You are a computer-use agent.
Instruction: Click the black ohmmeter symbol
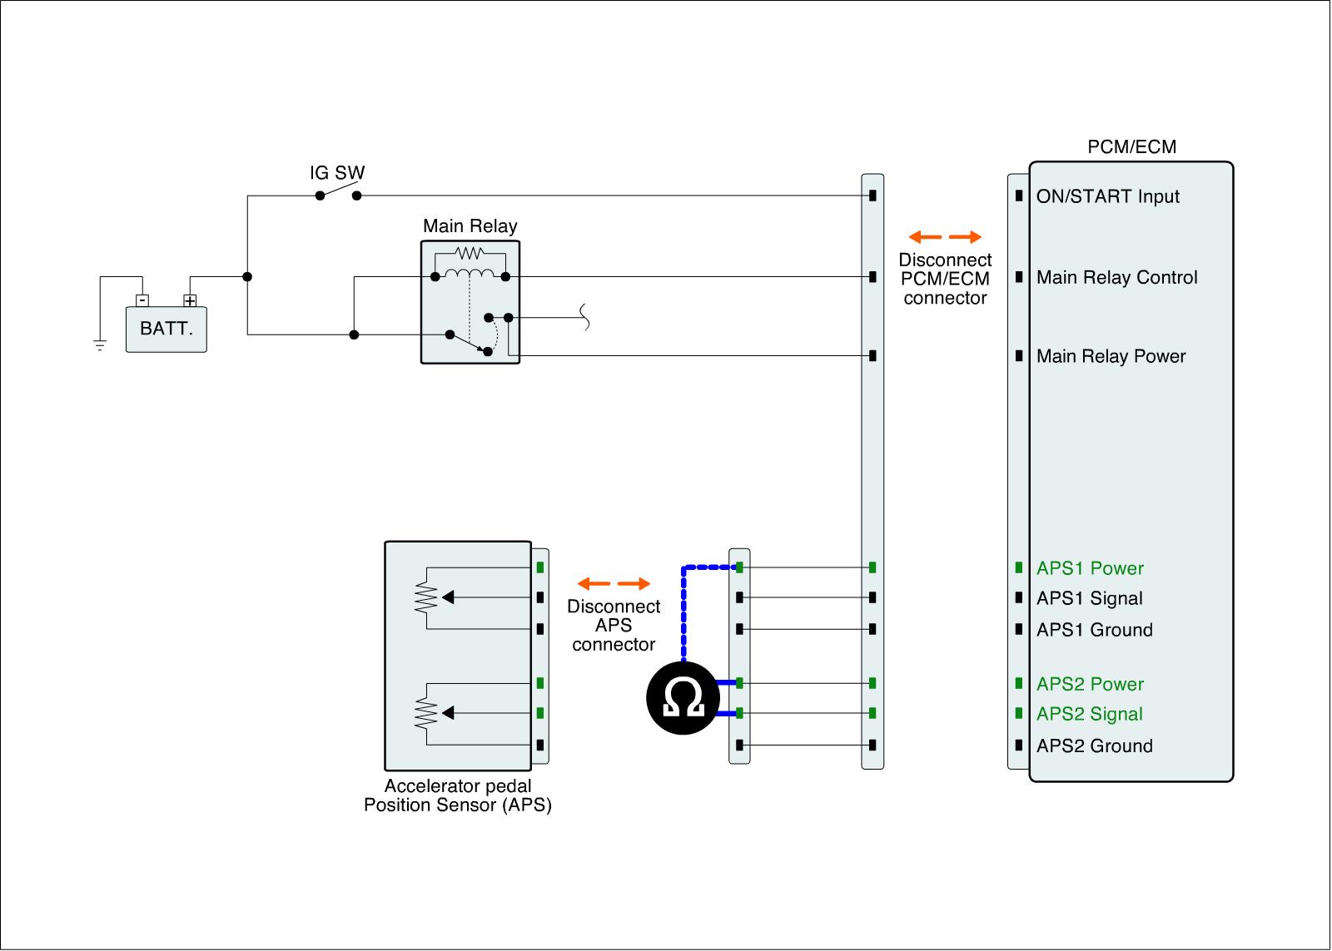coord(683,698)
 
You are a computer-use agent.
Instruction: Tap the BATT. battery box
coord(166,329)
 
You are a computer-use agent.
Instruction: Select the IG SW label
coord(337,173)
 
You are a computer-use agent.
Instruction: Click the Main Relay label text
coord(470,226)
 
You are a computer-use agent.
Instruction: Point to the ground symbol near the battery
coord(100,345)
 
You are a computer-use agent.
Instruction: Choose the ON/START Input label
coord(1107,197)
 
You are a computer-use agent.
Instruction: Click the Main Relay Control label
coord(1116,278)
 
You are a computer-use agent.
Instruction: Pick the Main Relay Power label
coord(1111,357)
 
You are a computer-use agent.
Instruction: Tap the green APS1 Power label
coord(1090,569)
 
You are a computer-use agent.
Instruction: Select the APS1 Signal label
coord(1089,599)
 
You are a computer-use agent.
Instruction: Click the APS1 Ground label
coord(1094,631)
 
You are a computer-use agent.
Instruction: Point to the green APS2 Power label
coord(1090,685)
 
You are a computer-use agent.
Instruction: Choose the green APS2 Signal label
coord(1089,715)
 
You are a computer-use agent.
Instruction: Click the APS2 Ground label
coord(1094,746)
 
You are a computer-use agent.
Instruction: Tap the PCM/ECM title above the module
coord(1131,147)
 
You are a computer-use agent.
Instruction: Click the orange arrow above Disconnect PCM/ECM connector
coord(945,237)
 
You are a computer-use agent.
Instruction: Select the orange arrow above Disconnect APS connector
coord(614,583)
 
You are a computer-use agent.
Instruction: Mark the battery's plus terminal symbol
coord(190,300)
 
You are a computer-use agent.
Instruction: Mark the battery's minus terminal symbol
coord(142,300)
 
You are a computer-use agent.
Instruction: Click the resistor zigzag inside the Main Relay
coord(470,253)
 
